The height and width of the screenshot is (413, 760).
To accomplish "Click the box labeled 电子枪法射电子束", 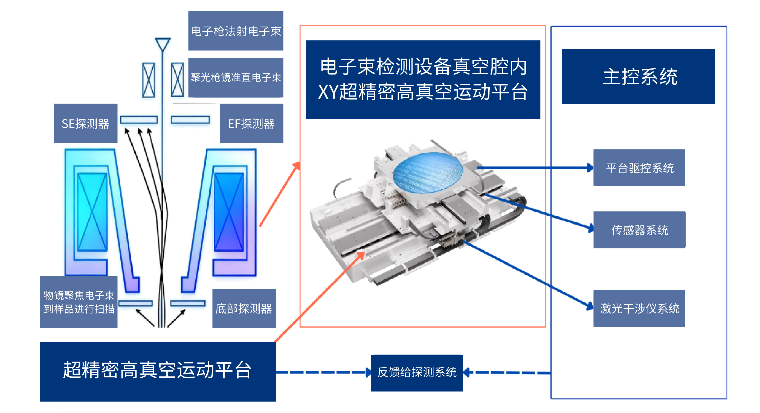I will point(236,31).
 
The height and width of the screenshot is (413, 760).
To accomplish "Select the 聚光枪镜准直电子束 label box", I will point(236,78).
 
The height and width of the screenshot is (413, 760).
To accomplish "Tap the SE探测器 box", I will point(86,123).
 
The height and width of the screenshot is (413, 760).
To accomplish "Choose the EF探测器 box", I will point(251,123).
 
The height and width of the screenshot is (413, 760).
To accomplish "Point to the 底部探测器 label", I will point(244,308).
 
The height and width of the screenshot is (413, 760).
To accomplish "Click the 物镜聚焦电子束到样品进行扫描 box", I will point(79,302).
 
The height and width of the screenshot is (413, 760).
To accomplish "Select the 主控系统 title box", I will point(638,76).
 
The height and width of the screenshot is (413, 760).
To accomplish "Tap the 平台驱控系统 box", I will point(639,168).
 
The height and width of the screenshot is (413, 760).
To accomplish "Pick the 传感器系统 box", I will point(639,230).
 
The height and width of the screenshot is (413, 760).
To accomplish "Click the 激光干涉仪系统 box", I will point(639,308).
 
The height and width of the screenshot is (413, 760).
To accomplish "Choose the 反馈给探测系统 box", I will point(417,372).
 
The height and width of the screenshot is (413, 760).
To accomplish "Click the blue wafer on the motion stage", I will point(428,173).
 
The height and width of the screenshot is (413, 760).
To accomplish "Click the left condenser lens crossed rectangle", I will point(148,80).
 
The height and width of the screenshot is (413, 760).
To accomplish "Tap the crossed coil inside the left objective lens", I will point(92,212).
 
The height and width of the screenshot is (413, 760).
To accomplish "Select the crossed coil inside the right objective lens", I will point(229,212).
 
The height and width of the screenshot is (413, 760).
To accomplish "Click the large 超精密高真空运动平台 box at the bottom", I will point(158,371).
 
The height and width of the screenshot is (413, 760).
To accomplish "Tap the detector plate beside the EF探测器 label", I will point(190,120).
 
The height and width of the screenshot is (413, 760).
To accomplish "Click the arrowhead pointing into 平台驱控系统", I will point(590,168).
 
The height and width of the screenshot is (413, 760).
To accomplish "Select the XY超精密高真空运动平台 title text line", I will point(423,92).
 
